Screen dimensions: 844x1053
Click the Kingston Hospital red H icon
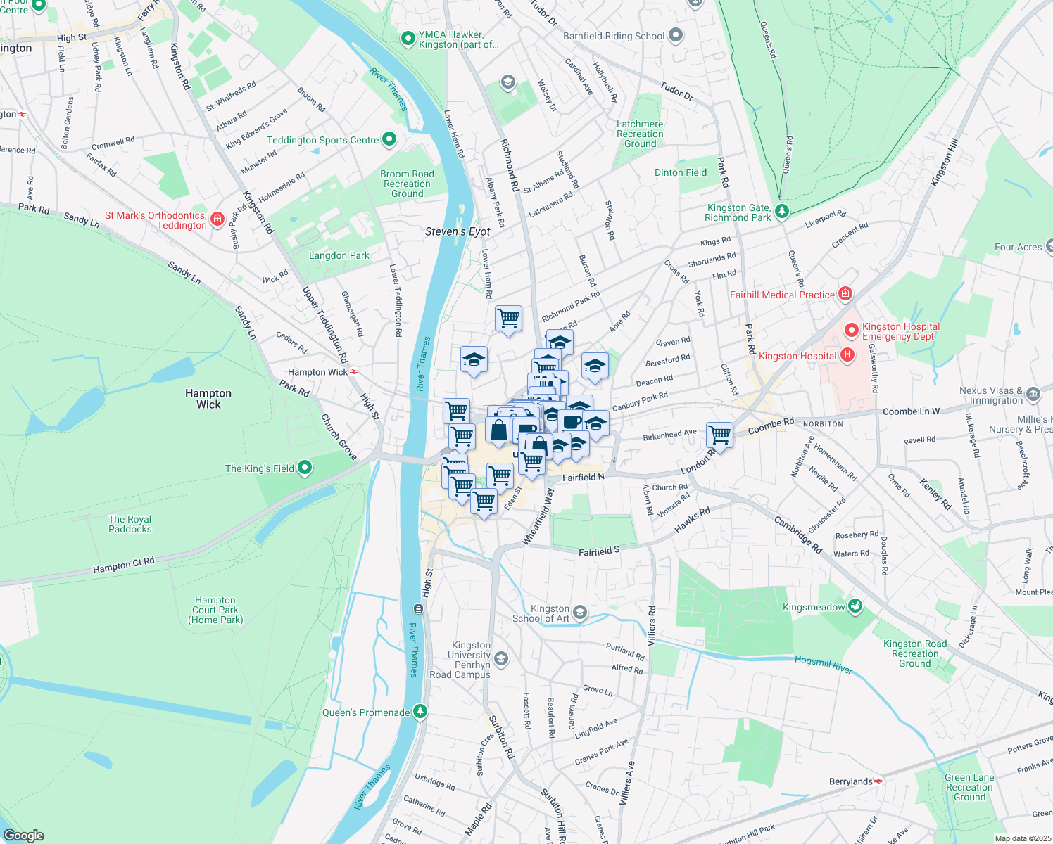pyautogui.click(x=847, y=355)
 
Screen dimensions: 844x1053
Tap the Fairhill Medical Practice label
pyautogui.click(x=782, y=295)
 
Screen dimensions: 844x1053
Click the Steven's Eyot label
pyautogui.click(x=458, y=231)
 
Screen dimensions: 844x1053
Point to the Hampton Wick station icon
pyautogui.click(x=353, y=371)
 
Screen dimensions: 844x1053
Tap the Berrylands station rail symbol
pyautogui.click(x=878, y=781)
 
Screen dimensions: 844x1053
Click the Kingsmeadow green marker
pyautogui.click(x=855, y=606)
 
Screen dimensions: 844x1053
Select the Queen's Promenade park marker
pyautogui.click(x=420, y=712)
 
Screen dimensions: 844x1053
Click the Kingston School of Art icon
pyautogui.click(x=579, y=613)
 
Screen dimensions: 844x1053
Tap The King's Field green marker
pyautogui.click(x=304, y=468)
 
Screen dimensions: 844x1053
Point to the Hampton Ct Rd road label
pyautogui.click(x=123, y=565)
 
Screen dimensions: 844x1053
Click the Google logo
pyautogui.click(x=23, y=836)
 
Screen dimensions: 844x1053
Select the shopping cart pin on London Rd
pyautogui.click(x=719, y=434)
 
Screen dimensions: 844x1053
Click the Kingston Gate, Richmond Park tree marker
pyautogui.click(x=781, y=211)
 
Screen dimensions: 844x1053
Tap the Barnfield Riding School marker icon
pyautogui.click(x=676, y=35)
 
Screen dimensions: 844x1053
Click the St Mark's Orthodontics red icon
pyautogui.click(x=217, y=219)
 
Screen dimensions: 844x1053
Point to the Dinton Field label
pyautogui.click(x=681, y=172)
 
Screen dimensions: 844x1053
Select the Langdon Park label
pyautogui.click(x=339, y=255)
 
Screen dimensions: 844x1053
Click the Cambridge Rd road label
pyautogui.click(x=798, y=535)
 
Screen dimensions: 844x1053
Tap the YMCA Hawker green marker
pyautogui.click(x=408, y=39)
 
